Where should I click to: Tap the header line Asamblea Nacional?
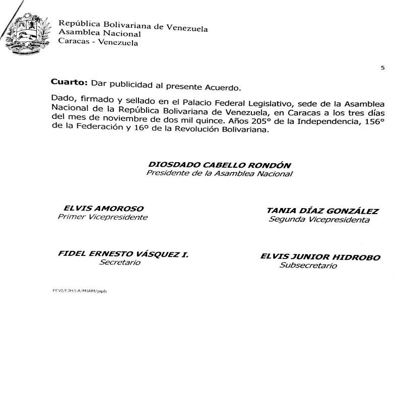100,34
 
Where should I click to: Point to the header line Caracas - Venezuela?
98,43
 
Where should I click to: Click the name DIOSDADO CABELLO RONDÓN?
220,165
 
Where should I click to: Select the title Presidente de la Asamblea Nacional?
219,174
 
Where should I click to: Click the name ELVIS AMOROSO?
103,208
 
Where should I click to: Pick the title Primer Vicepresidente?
103,217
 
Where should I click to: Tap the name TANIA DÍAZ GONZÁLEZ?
322,211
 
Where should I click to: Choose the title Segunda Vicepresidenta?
319,220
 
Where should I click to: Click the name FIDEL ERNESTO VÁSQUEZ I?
123,254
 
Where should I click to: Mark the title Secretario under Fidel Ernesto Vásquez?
120,263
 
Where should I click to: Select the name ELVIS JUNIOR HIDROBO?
320,257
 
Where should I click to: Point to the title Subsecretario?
308,265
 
